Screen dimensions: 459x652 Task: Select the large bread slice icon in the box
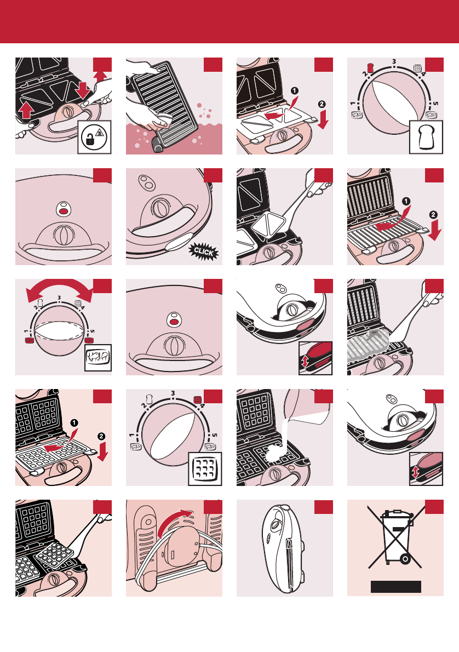coord(426,138)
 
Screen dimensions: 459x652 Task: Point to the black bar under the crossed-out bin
coord(396,587)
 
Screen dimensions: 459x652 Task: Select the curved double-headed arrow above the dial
coord(60,289)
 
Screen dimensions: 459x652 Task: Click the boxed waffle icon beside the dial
coord(205,468)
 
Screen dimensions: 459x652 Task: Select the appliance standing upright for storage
coord(284,548)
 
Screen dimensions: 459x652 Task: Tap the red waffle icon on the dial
coord(198,399)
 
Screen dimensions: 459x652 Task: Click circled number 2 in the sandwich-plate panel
coord(322,104)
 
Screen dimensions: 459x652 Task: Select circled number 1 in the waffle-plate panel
coord(74,423)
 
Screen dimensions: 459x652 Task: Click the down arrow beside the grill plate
coord(434,230)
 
